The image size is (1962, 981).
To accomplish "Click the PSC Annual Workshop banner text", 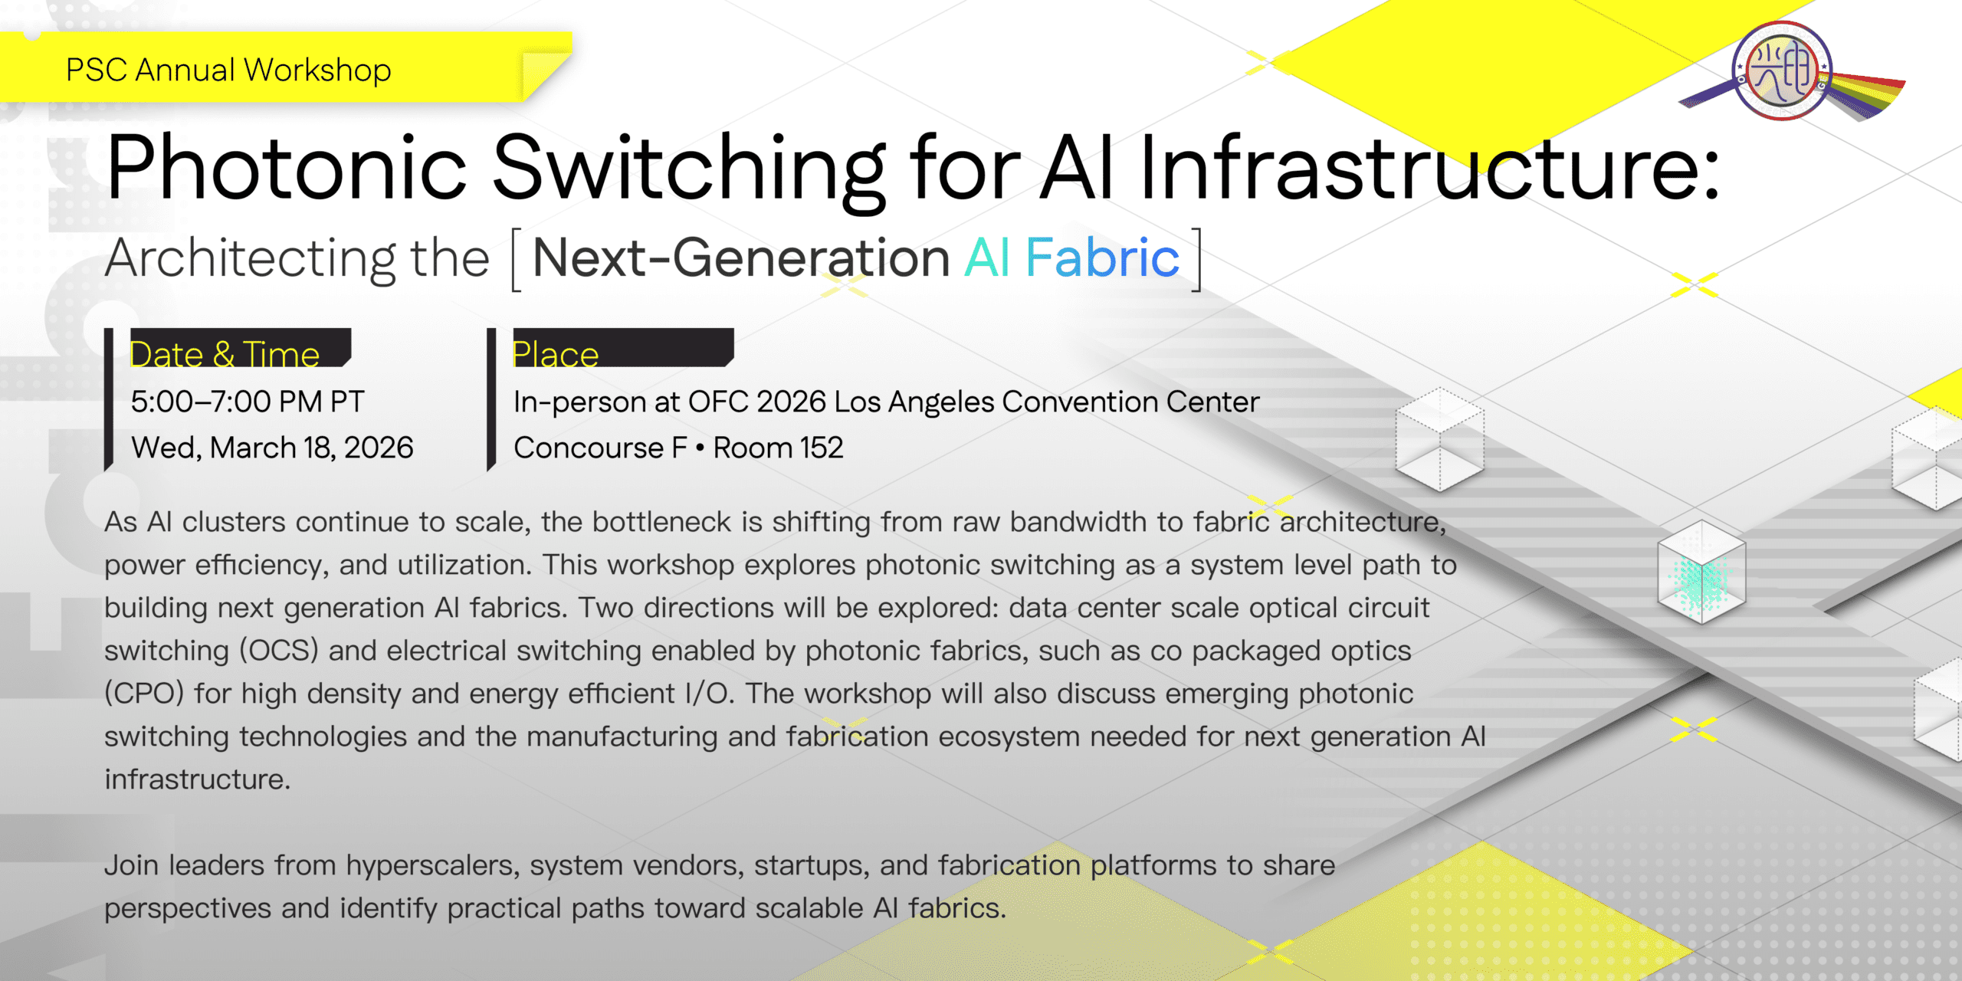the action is coord(228,70).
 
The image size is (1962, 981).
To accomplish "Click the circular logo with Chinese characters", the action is coord(1783,71).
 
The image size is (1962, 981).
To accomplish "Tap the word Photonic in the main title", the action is coord(286,166).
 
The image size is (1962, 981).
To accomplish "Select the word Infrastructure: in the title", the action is coord(1430,166).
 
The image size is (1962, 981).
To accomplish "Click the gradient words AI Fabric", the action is coord(1071,258).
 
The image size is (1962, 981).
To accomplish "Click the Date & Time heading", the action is coord(225,354).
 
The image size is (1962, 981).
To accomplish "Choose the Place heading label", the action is coord(556,354).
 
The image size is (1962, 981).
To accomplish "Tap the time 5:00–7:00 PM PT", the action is coord(248,402).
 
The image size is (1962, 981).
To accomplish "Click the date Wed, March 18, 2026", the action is coord(272,448).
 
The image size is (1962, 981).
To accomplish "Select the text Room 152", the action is coord(778,448).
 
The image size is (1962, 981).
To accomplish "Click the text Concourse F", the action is coord(600,448).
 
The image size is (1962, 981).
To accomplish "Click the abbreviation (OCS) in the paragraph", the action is coord(279,651).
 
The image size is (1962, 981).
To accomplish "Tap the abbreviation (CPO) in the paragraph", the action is coord(144,694).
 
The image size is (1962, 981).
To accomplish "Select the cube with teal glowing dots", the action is coord(1701,572).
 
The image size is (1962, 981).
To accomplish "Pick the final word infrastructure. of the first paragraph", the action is coord(198,779).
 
